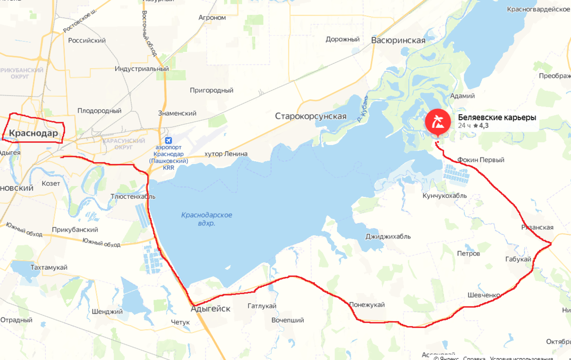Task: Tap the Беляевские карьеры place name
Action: coord(497,117)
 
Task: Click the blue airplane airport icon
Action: coord(167,141)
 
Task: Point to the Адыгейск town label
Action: coord(210,309)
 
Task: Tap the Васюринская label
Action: coord(398,40)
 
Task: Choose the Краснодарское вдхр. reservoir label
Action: coord(207,218)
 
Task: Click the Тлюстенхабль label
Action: coord(133,196)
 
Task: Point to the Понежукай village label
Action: coord(366,305)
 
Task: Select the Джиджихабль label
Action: coord(387,236)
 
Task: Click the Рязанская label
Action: coord(537,227)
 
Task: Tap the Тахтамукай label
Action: coord(49,267)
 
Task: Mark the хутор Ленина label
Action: coord(226,154)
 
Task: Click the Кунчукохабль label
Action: coord(444,195)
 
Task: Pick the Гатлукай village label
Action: coord(262,306)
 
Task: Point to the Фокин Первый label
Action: coord(480,160)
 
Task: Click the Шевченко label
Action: coord(483,295)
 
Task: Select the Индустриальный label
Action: coord(142,68)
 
